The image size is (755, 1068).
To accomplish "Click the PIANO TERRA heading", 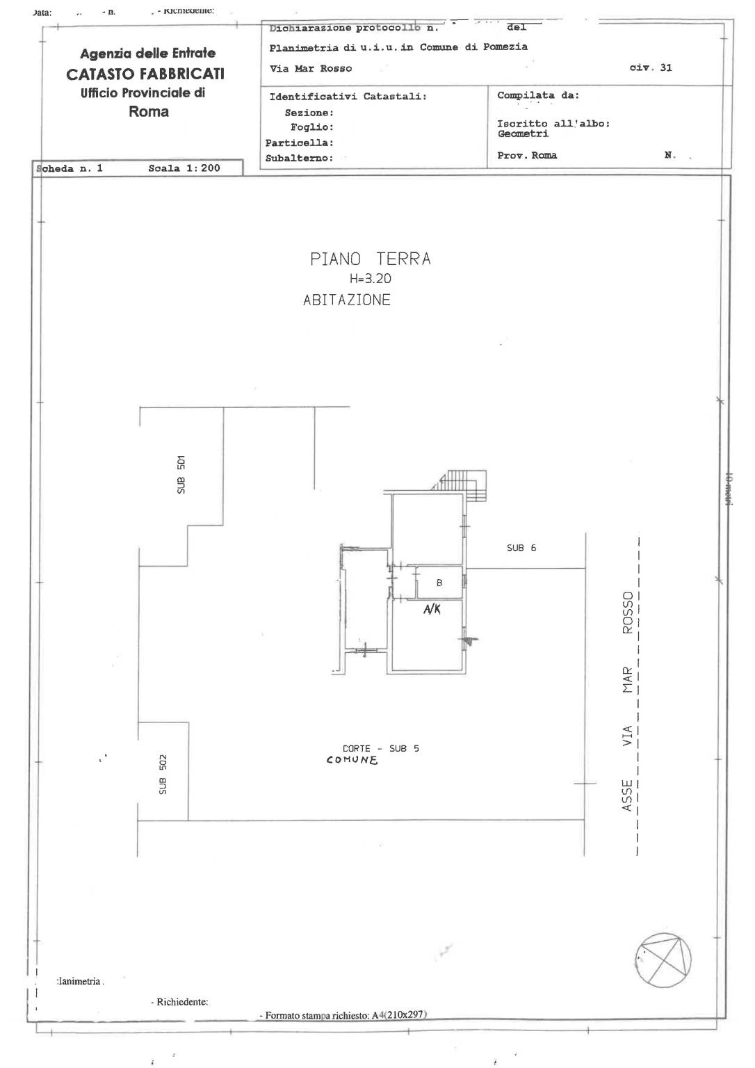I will click(x=370, y=259).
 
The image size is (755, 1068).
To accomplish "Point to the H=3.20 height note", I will click(x=370, y=279).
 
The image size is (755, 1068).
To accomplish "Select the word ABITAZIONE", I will click(x=347, y=300).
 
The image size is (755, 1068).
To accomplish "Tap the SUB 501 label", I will click(x=181, y=475).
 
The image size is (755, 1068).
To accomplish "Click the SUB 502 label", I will click(x=163, y=775).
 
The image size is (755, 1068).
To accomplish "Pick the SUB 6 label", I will click(x=521, y=548).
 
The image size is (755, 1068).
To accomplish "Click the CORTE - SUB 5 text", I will click(x=380, y=749).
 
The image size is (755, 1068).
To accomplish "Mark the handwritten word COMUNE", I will click(x=352, y=761).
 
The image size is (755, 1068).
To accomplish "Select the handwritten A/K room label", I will click(x=432, y=610).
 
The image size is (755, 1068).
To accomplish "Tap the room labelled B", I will click(x=439, y=583).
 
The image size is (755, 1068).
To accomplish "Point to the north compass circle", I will click(x=663, y=960).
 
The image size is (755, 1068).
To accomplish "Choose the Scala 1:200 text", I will click(x=184, y=168).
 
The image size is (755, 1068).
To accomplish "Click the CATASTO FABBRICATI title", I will click(x=145, y=74).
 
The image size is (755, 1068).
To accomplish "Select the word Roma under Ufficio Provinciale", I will click(x=149, y=112).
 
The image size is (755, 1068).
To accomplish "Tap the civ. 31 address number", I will click(x=651, y=68).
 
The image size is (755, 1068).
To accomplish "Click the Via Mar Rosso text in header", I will click(x=311, y=69).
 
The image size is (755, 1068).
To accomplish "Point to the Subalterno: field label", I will click(x=299, y=159).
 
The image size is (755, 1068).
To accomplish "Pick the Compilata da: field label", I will click(x=537, y=95).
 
